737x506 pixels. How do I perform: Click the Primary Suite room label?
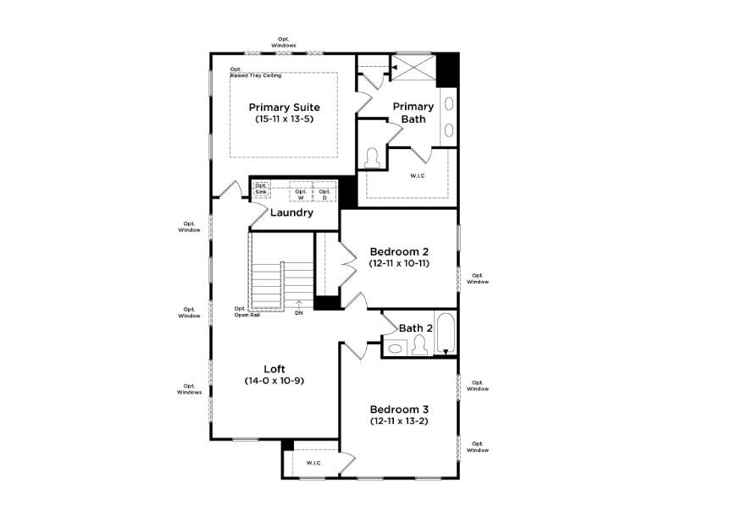pyautogui.click(x=284, y=107)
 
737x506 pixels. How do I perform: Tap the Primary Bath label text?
pyautogui.click(x=413, y=113)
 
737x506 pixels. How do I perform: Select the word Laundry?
pyautogui.click(x=291, y=212)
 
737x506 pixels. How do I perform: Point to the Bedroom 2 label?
pyautogui.click(x=399, y=251)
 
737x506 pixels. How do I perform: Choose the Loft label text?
pyautogui.click(x=274, y=369)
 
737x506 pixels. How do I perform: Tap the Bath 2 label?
pyautogui.click(x=416, y=327)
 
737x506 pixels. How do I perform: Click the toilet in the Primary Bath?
pyautogui.click(x=371, y=157)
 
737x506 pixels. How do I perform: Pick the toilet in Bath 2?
pyautogui.click(x=418, y=345)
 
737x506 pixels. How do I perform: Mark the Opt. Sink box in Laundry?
pyautogui.click(x=261, y=190)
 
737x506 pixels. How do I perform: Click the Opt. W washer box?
pyautogui.click(x=301, y=192)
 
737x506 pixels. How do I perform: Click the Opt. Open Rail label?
pyautogui.click(x=248, y=311)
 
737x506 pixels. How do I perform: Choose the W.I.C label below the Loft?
pyautogui.click(x=313, y=463)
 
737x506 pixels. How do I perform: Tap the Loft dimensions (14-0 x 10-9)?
pyautogui.click(x=274, y=382)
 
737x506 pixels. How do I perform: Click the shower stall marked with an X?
pyautogui.click(x=413, y=67)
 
